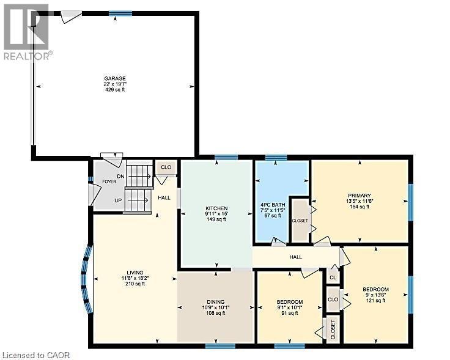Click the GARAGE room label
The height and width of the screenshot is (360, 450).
point(114,78)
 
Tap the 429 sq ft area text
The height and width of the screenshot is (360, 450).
point(114,90)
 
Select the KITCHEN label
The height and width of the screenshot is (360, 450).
point(216,208)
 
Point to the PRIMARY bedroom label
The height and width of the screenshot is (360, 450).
point(360,196)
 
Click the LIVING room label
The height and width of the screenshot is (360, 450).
point(135,272)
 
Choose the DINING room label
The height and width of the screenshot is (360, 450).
point(215,302)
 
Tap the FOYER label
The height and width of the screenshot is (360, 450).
point(109,181)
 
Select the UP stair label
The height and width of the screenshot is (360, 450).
point(117,200)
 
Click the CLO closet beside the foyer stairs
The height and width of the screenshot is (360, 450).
point(166,167)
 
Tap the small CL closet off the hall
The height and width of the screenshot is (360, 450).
point(333,277)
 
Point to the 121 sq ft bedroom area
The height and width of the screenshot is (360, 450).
point(375,300)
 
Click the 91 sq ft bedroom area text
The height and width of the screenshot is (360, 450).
point(289,313)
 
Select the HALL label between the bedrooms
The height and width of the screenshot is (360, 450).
point(297,257)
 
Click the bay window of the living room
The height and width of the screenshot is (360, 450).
point(86,279)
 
